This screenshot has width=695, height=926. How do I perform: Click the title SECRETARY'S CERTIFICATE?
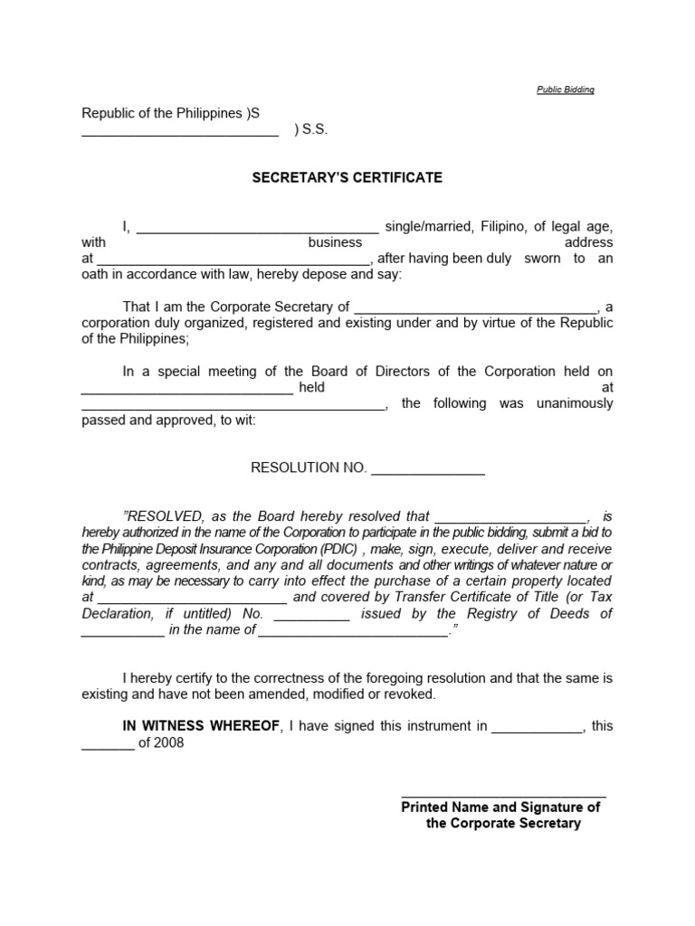click(347, 177)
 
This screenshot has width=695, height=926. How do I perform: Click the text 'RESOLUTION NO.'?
click(309, 468)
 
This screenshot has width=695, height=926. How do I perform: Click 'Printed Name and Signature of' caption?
click(500, 808)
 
